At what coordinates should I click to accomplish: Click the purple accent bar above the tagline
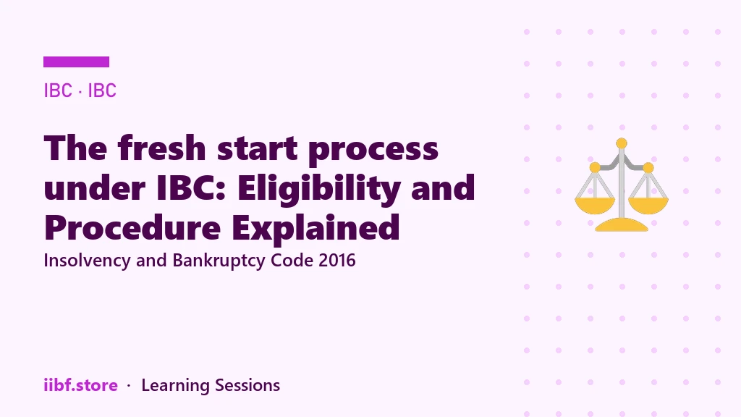(x=76, y=62)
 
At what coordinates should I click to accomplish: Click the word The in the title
(x=75, y=148)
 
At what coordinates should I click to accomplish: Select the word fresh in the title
(x=162, y=148)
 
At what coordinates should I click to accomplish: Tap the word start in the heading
(x=257, y=149)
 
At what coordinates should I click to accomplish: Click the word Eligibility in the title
(x=319, y=190)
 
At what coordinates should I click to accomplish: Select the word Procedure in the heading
(x=132, y=227)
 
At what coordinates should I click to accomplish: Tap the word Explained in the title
(x=316, y=229)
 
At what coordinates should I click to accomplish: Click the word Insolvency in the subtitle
(x=87, y=261)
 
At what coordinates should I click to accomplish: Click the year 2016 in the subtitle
(x=337, y=261)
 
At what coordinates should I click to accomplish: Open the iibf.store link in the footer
(x=81, y=385)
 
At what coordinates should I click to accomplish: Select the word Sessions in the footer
(x=247, y=385)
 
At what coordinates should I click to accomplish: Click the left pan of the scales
(x=595, y=206)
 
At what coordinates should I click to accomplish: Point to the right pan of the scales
(x=648, y=206)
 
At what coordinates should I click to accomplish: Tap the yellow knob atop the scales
(x=622, y=143)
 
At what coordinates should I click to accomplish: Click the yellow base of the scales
(x=622, y=225)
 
